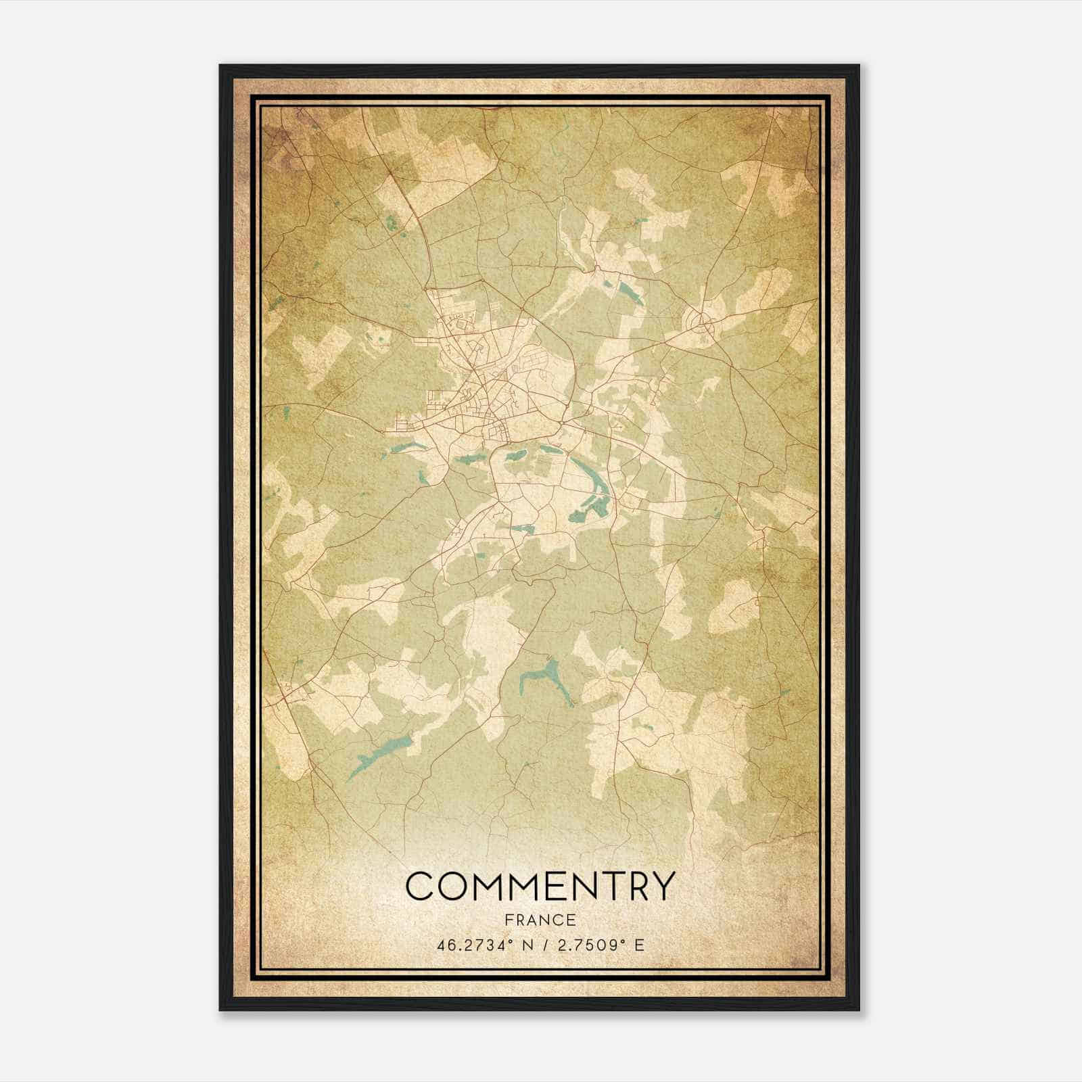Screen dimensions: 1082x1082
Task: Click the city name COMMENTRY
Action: (540, 886)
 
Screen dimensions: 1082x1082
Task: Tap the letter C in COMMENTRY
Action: (420, 886)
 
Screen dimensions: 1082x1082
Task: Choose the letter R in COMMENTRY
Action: (630, 886)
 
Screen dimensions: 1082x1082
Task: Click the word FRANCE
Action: (540, 920)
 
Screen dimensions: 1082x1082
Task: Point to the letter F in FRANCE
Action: (508, 920)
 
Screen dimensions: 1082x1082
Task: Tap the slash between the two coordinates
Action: (541, 945)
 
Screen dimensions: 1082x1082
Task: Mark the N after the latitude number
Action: (520, 945)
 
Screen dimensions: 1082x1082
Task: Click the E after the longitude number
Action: (639, 945)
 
